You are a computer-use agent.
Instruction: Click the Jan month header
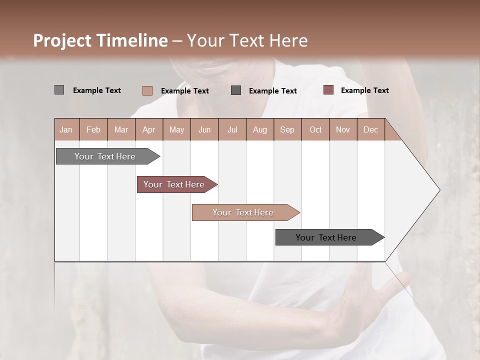[66, 129]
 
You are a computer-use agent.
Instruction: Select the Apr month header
[149, 129]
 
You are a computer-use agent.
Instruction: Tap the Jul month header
[232, 129]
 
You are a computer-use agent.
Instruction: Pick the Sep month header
[287, 129]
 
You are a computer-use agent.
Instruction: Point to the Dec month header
[370, 129]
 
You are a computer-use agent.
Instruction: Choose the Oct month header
[315, 129]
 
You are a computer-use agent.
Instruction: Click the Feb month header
[93, 129]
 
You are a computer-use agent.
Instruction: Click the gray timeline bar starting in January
[105, 156]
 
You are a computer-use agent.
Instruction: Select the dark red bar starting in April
[174, 184]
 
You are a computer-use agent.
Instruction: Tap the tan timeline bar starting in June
[243, 212]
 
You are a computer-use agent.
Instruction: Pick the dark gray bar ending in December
[326, 237]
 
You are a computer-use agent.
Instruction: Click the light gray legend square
[59, 90]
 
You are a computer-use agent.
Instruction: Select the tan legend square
[147, 90]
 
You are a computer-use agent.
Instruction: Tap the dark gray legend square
[236, 90]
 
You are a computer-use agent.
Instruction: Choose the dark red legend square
[328, 90]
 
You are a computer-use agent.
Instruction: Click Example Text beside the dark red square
[364, 90]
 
